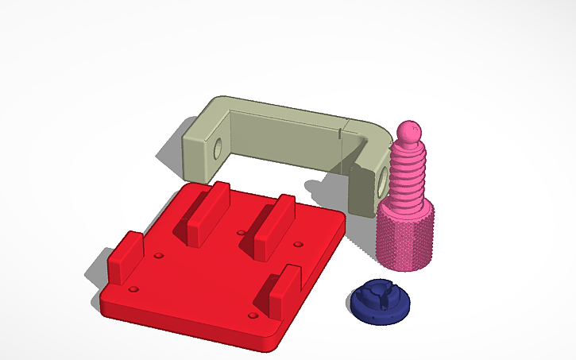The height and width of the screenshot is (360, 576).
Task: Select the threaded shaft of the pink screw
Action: point(407,175)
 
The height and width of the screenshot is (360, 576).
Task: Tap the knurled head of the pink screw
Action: point(405,234)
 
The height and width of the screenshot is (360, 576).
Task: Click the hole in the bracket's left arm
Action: point(218,149)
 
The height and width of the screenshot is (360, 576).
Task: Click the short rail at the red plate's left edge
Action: point(125,258)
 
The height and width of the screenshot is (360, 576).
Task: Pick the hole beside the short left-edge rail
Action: point(158,257)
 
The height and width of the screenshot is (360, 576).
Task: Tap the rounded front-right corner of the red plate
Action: point(274,342)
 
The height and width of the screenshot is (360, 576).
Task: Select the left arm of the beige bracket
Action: point(203,147)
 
